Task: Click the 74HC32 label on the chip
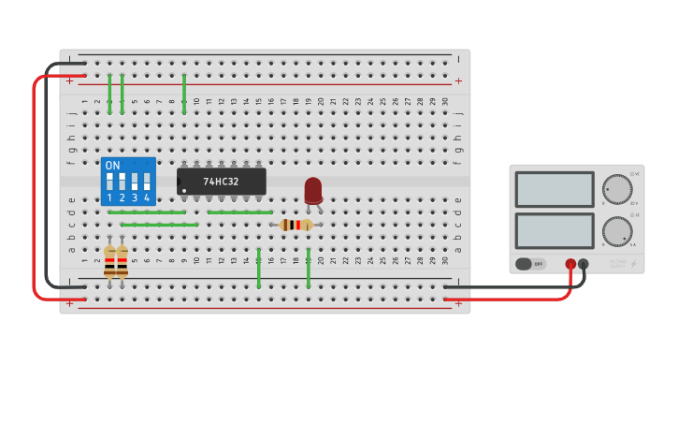pos(221,182)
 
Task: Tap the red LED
pos(313,190)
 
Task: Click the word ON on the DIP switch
pos(112,166)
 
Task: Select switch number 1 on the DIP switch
pos(109,181)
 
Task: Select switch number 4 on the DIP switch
pos(147,181)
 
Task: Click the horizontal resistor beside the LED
pos(296,225)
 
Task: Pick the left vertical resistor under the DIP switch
pos(109,261)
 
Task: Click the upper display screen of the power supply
pos(554,189)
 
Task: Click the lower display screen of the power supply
pos(554,230)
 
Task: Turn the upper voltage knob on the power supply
pos(616,189)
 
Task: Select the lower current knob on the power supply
pos(616,230)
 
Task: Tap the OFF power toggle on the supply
pos(530,264)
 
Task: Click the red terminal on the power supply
pos(570,264)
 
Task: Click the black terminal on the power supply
pos(584,264)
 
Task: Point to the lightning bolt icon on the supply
pos(633,265)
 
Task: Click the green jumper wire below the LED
pos(309,269)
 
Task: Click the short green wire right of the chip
pos(239,212)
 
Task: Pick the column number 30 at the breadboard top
pos(445,101)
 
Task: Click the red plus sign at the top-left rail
pos(68,81)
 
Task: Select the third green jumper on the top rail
pos(184,94)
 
